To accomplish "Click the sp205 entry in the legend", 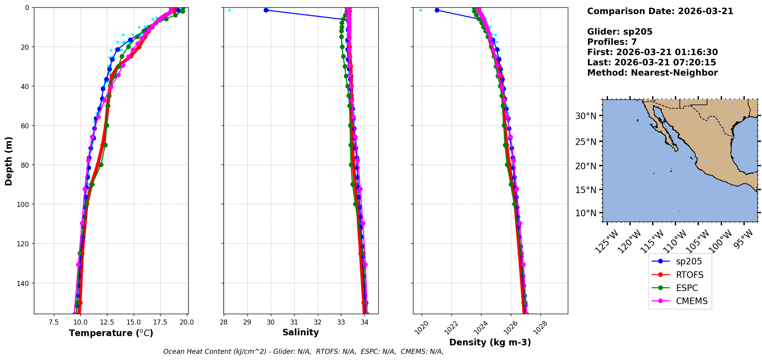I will coord(688,261).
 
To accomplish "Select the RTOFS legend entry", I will coord(689,275).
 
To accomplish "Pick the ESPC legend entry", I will coord(686,288).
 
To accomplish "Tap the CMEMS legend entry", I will coord(692,301).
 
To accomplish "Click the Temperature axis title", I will coord(111,333).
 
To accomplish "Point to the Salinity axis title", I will coord(300,332).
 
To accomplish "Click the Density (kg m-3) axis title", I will coord(490,342).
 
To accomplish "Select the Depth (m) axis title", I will coord(8,161).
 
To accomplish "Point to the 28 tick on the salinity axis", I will coord(224,322).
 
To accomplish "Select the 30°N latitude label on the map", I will coord(586,116).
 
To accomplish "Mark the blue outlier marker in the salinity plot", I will coord(266,10).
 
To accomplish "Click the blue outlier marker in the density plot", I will coord(437,10).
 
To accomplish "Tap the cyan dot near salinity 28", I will coord(230,10).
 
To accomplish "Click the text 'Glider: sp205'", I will coord(619,32).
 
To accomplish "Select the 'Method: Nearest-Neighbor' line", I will coord(652,73).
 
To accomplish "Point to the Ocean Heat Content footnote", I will coord(303,352).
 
